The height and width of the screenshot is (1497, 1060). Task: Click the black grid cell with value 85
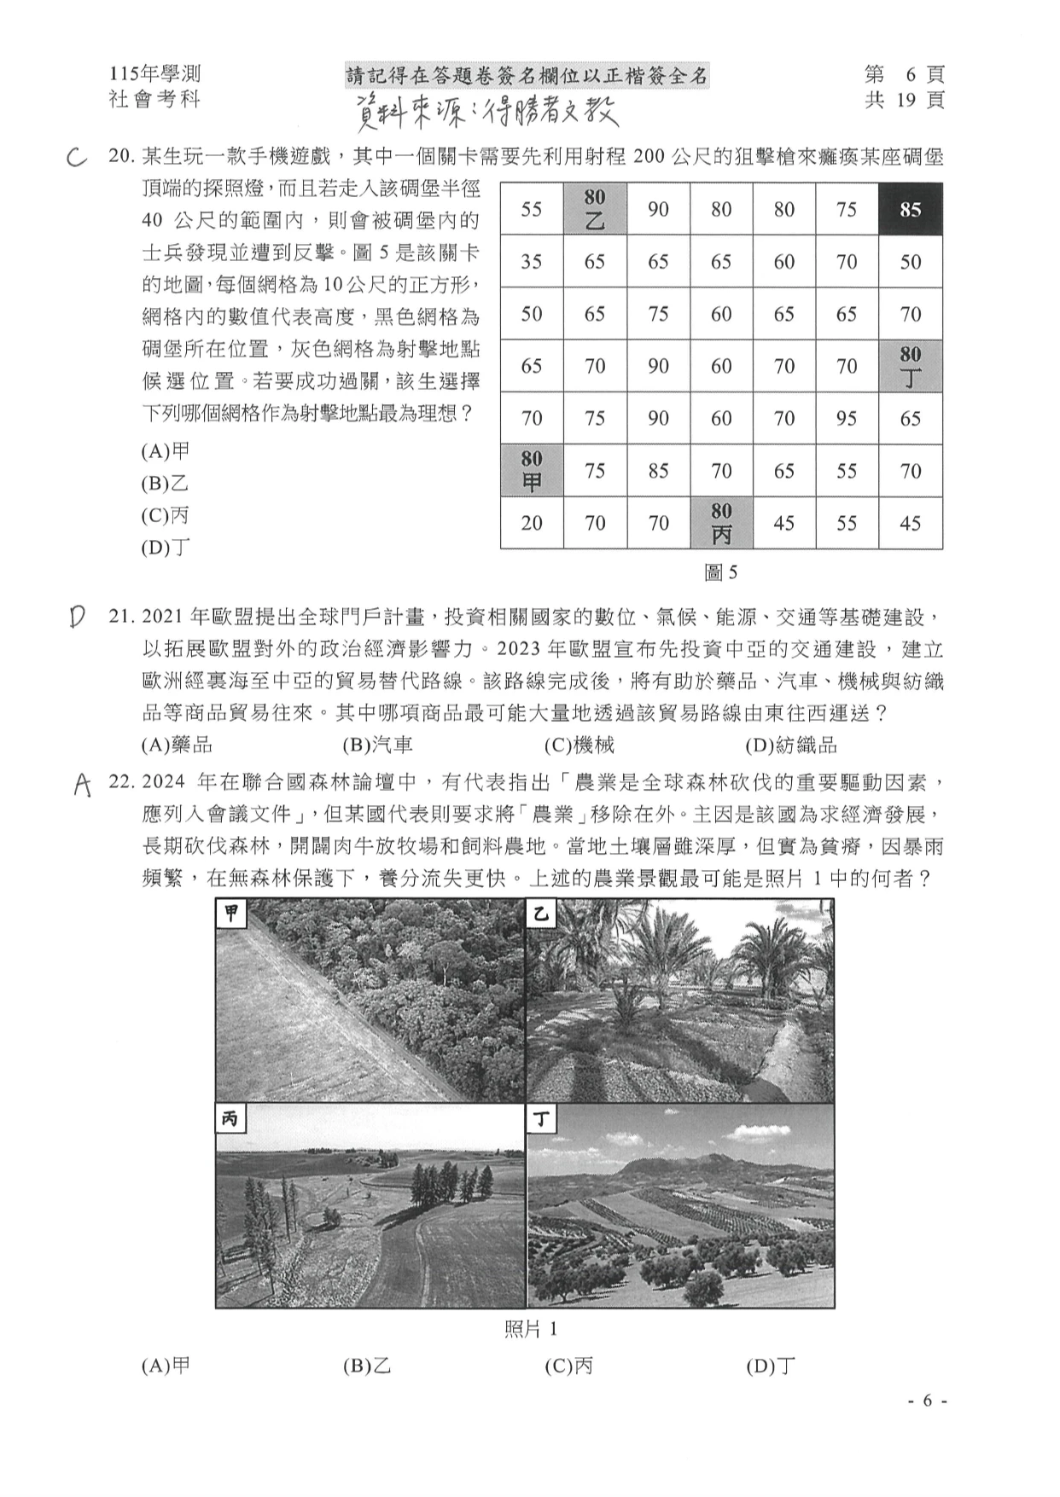tap(910, 209)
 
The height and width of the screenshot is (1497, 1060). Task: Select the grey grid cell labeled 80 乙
tap(594, 209)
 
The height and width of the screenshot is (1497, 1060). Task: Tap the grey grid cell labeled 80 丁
tap(910, 366)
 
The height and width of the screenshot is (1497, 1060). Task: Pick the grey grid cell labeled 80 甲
tap(531, 470)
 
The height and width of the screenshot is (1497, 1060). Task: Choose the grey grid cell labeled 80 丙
tap(720, 522)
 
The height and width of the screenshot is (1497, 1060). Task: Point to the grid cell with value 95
tap(846, 418)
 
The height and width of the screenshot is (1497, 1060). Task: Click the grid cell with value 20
tap(531, 522)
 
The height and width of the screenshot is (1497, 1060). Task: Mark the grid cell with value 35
tap(531, 262)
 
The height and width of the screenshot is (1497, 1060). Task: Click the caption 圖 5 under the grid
tap(720, 572)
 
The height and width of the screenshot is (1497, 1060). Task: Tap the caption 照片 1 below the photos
tap(530, 1329)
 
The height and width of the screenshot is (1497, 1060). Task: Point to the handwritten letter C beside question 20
tap(77, 158)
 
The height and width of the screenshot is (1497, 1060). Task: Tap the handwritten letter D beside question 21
tap(77, 617)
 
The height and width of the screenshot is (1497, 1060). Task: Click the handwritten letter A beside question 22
tap(82, 784)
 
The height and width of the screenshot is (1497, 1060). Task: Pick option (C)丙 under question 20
tap(165, 515)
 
